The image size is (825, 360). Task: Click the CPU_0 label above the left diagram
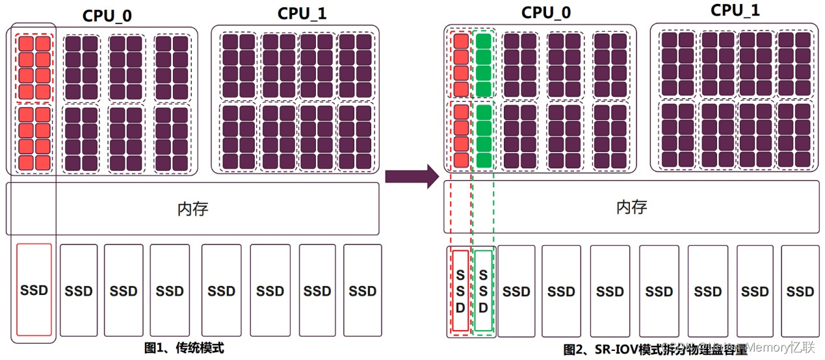click(107, 15)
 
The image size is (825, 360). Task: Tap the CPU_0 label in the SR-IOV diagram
click(545, 12)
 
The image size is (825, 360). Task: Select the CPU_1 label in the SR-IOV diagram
click(735, 10)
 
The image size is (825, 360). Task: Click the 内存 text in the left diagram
click(192, 209)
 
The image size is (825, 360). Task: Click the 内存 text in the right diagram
click(631, 207)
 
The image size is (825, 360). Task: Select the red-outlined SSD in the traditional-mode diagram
click(34, 290)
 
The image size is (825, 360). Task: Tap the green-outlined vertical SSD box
click(483, 290)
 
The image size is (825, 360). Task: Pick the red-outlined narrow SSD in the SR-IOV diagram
click(460, 290)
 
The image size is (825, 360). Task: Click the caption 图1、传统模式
click(184, 348)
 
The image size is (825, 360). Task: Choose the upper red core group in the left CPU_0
click(34, 67)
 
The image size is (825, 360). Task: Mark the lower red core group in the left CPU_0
click(34, 138)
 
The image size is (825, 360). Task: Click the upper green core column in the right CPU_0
click(483, 64)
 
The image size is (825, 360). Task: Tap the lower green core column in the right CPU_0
click(483, 136)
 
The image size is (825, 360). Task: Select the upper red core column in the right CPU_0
click(460, 64)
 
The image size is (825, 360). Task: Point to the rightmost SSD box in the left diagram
click(362, 290)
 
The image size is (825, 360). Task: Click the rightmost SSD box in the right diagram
click(800, 290)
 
